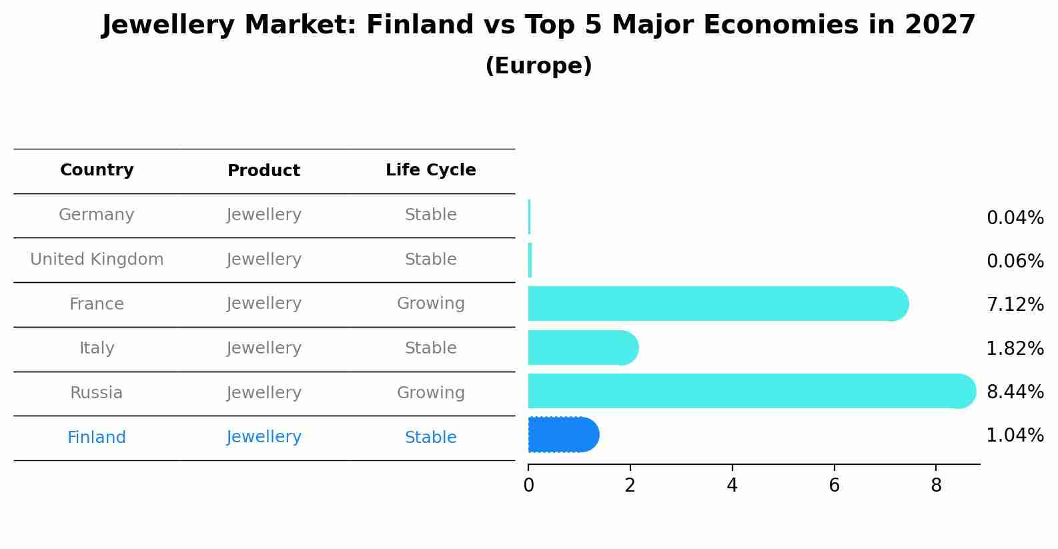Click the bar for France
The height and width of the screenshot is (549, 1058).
pyautogui.click(x=718, y=304)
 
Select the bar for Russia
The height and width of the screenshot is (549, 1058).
pyautogui.click(x=752, y=391)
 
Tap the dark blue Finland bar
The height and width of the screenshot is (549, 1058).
pyautogui.click(x=564, y=435)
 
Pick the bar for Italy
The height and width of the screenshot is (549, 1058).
pyautogui.click(x=583, y=348)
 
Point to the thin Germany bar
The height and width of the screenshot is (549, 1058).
pyautogui.click(x=530, y=217)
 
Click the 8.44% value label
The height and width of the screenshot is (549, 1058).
pyautogui.click(x=1015, y=392)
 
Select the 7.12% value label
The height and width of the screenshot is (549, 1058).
pyautogui.click(x=1015, y=304)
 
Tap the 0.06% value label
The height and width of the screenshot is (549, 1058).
pyautogui.click(x=1015, y=261)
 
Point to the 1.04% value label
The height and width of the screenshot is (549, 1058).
pyautogui.click(x=1015, y=435)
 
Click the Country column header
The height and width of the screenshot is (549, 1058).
pyautogui.click(x=97, y=169)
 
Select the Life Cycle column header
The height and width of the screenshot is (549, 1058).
pyautogui.click(x=431, y=169)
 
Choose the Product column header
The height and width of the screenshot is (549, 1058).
pyautogui.click(x=263, y=170)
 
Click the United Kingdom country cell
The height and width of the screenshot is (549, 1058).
pyautogui.click(x=97, y=259)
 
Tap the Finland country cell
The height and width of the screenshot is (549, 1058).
pyautogui.click(x=97, y=437)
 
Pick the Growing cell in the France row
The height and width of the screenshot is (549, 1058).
pyautogui.click(x=431, y=304)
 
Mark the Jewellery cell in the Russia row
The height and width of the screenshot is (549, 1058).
pyautogui.click(x=263, y=392)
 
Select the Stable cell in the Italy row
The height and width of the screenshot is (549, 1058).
pyautogui.click(x=431, y=348)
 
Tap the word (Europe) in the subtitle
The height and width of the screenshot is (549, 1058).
pyautogui.click(x=538, y=65)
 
